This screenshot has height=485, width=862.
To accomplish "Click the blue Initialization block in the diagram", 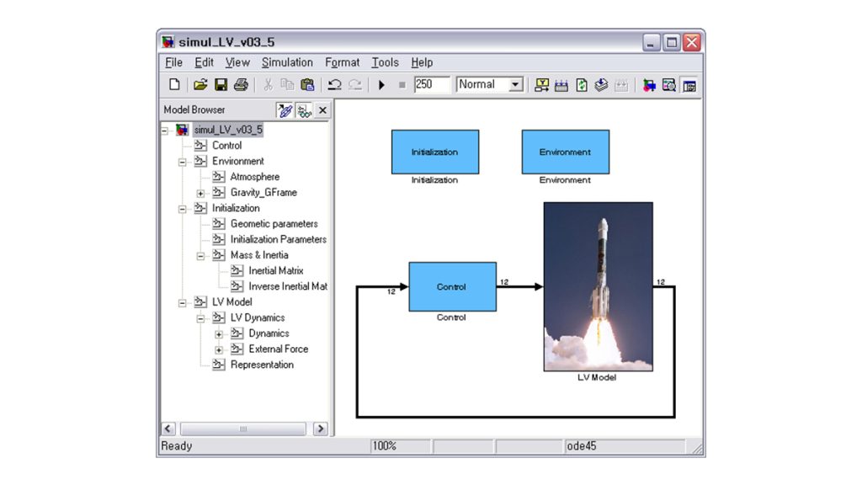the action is coord(435,152).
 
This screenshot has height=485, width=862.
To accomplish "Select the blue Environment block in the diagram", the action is coord(565,152).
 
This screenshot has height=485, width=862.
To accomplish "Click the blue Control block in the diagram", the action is coord(452,286).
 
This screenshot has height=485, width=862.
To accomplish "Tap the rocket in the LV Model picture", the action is coord(601,275).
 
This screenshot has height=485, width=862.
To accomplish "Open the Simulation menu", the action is coord(287,62).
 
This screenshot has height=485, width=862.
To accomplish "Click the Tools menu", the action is coord(385,62).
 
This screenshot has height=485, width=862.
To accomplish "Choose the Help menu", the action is coord(422,62).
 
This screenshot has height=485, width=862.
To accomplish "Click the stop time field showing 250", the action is coord(432,84).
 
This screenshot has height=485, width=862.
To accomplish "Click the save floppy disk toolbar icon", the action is coord(221,84).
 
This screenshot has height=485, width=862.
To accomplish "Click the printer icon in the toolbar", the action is coord(241,84).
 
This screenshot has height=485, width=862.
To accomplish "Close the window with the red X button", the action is coord(692,42).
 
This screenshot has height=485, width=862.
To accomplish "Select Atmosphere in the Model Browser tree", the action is coord(254,177).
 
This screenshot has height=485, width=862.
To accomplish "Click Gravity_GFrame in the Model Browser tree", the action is coord(263,193).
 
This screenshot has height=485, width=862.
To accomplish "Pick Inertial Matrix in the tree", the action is coord(275,270).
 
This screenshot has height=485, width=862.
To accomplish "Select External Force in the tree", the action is coord(278,349).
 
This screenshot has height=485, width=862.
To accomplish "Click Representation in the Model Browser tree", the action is coord(262,365).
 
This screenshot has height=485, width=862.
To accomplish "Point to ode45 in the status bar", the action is coord(581,446).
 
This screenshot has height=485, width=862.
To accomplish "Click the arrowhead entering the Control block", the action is coord(404,286).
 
